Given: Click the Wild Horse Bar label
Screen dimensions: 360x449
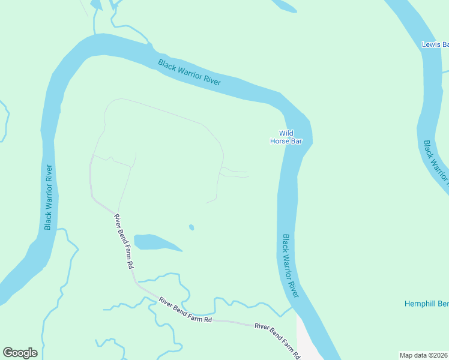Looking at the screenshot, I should click(286, 137).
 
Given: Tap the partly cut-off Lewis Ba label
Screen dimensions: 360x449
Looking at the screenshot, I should click(435, 44).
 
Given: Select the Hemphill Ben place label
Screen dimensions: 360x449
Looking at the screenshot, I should click(426, 304).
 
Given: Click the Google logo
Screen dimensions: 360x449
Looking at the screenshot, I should click(20, 353).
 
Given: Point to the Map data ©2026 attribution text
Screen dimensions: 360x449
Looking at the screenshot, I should click(424, 355).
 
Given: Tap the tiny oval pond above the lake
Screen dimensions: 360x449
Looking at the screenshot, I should click(191, 227).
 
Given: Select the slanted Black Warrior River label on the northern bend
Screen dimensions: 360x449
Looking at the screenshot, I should click(189, 73).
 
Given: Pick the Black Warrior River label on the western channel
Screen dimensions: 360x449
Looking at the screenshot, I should click(49, 197).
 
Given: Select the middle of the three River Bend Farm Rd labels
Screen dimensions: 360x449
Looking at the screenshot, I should click(185, 311).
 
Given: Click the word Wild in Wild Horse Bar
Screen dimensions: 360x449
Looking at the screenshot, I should click(286, 133).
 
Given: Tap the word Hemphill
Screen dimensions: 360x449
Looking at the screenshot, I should click(420, 304).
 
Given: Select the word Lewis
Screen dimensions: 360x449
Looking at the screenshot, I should click(431, 44).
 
